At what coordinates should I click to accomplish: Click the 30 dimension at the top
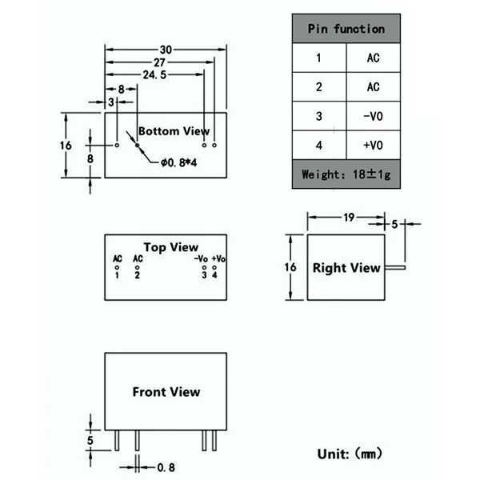(x=166, y=50)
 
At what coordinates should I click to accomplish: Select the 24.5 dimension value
(x=154, y=74)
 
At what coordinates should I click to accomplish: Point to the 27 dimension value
(x=159, y=62)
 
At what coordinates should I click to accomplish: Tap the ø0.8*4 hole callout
(x=178, y=162)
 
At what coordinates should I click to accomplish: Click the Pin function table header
(x=346, y=29)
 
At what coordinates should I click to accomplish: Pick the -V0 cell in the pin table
(x=373, y=116)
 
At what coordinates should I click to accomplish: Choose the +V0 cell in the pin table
(x=373, y=145)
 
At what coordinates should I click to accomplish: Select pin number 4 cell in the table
(x=319, y=145)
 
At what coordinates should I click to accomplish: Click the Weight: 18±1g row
(x=346, y=174)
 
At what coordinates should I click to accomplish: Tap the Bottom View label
(x=174, y=131)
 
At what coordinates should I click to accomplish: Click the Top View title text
(x=171, y=247)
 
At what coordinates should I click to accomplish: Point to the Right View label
(x=346, y=268)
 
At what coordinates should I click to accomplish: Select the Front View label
(x=166, y=392)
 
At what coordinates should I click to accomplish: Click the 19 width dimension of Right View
(x=349, y=218)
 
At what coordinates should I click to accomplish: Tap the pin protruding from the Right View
(x=395, y=267)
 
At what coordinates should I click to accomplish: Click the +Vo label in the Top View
(x=218, y=258)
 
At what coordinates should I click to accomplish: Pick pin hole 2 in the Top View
(x=137, y=267)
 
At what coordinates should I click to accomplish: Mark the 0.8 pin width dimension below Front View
(x=166, y=467)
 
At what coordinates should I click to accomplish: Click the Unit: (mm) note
(x=350, y=454)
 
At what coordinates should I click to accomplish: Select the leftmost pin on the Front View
(x=117, y=441)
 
